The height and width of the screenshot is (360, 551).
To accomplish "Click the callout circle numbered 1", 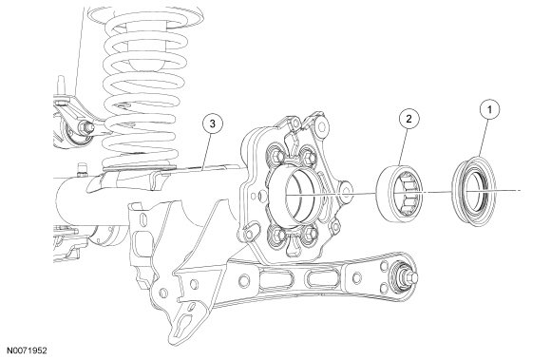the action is click(x=490, y=109).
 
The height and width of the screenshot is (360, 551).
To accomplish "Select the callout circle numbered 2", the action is click(x=409, y=119).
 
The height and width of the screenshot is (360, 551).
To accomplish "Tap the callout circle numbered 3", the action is click(x=212, y=123).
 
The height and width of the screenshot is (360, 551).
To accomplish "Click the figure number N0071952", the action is click(x=28, y=351).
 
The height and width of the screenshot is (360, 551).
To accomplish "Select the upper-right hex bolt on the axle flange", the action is click(x=309, y=157).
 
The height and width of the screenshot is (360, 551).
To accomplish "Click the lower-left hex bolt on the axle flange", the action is click(x=276, y=234).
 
